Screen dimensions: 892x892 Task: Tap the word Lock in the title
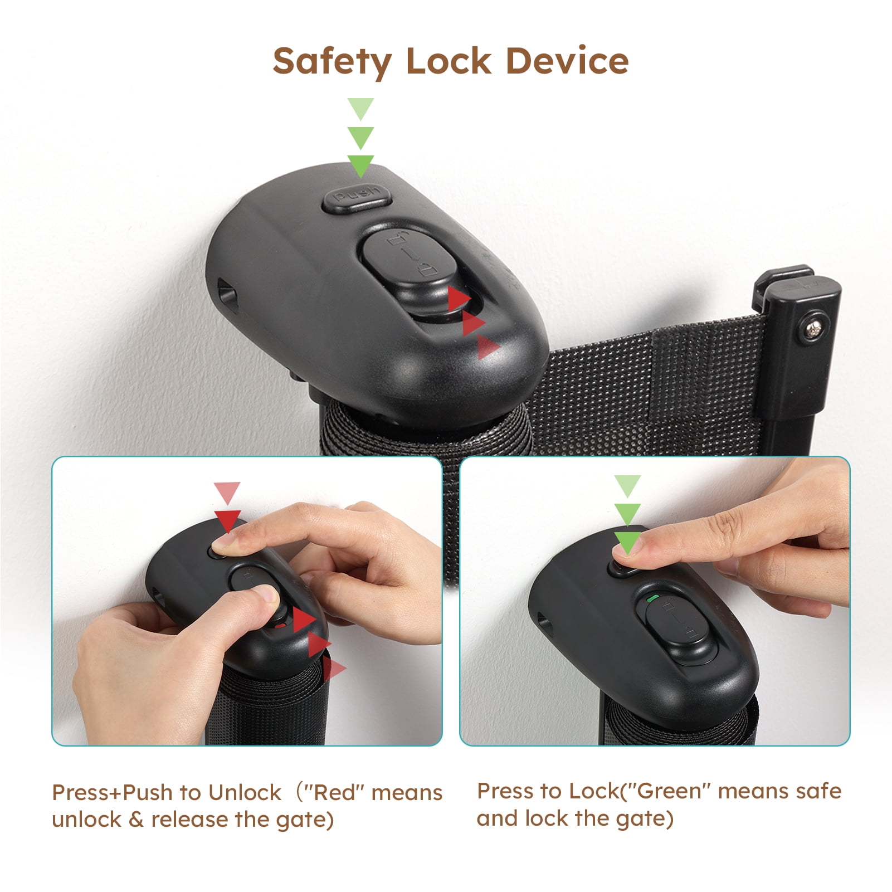[449, 61]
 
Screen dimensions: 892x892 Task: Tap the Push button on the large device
[357, 199]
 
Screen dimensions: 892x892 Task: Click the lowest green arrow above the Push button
[360, 165]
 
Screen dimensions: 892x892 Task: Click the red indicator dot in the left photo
[281, 626]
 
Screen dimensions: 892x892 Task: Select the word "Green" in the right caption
[669, 791]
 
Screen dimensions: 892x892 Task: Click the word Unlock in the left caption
[245, 792]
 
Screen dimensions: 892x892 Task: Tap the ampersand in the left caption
[136, 820]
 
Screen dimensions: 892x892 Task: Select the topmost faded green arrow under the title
[360, 109]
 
